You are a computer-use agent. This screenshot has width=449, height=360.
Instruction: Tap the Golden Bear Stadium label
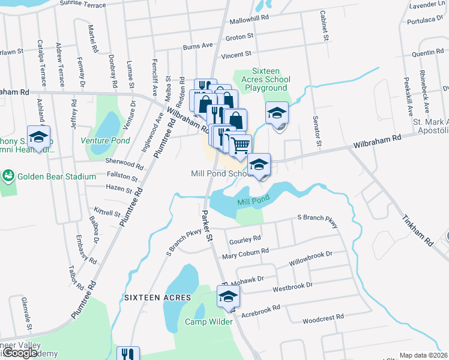[x=56, y=176]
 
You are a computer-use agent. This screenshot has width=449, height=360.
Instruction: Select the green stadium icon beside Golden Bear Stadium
[x=8, y=176]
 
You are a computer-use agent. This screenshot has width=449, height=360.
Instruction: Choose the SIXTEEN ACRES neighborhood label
[x=157, y=298]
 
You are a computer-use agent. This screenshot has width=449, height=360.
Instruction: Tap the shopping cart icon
[x=240, y=145]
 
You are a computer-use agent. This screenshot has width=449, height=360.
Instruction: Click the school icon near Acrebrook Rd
[x=228, y=296]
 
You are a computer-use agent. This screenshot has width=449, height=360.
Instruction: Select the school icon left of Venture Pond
[x=38, y=137]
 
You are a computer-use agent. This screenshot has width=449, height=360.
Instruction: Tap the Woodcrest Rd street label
[x=323, y=317]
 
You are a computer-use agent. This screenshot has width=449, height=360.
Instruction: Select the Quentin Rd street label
[x=427, y=53]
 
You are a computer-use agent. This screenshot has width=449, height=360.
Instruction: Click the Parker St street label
[x=208, y=225]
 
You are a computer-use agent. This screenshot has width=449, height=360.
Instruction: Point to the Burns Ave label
[x=198, y=46]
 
